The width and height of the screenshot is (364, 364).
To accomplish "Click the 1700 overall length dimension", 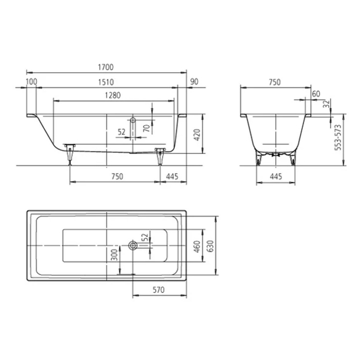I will click(x=106, y=67).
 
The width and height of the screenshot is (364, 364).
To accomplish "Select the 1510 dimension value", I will click(x=106, y=82).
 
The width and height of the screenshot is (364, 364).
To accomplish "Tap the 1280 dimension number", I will click(x=113, y=95).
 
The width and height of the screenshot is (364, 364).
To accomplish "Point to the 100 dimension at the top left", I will click(x=31, y=82).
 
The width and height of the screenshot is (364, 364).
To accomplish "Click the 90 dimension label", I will click(x=194, y=82).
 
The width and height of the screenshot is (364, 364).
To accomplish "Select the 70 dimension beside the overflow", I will click(x=146, y=128).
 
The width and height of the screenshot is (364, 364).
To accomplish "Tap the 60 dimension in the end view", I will click(x=316, y=94).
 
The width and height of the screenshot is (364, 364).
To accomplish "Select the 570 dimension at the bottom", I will click(x=158, y=290).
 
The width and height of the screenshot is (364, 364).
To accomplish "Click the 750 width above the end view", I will click(x=274, y=82).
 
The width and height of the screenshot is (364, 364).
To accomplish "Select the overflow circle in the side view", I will click(x=133, y=120).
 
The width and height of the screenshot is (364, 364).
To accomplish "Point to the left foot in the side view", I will click(x=69, y=152).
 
